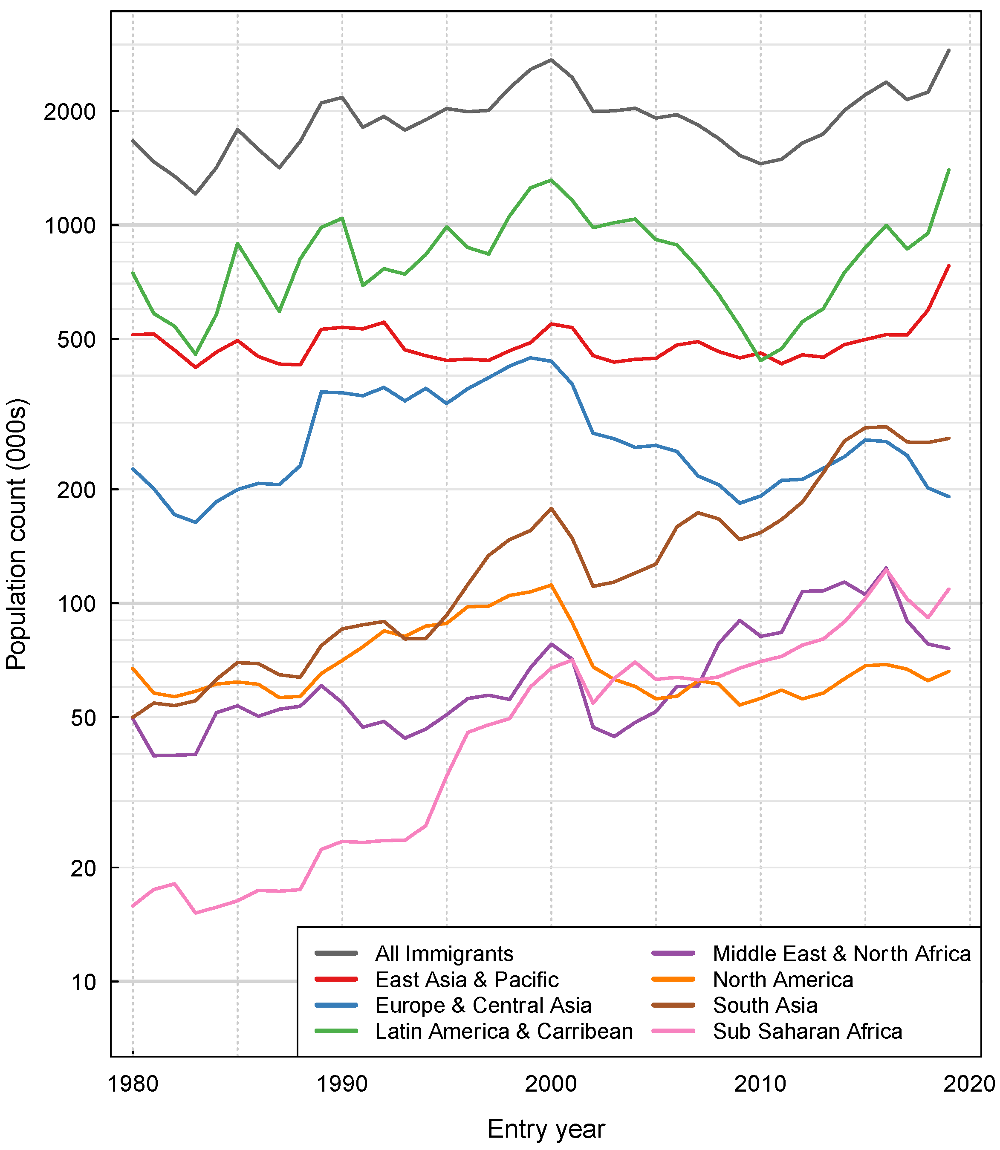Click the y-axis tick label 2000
click(x=70, y=112)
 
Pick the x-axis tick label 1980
click(x=133, y=1084)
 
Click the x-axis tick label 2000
click(x=551, y=1084)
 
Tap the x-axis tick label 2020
click(x=969, y=1084)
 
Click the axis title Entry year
click(x=546, y=1130)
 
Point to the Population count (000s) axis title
click(x=17, y=534)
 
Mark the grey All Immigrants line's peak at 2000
click(x=551, y=60)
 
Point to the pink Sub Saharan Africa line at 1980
click(x=133, y=906)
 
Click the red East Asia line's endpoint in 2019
click(x=949, y=265)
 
